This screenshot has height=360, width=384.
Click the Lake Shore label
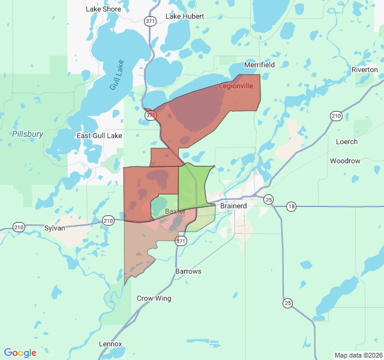coord(103,9)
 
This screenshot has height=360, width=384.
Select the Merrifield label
coord(259,65)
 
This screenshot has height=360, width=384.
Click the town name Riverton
coord(365,70)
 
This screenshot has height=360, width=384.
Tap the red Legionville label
coord(235,86)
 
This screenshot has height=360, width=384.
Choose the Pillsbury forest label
coord(28,134)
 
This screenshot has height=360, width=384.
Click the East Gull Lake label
coord(100,136)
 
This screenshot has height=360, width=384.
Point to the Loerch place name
coord(347,142)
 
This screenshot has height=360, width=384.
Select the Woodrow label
coord(345,161)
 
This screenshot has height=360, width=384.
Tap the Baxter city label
coord(175,212)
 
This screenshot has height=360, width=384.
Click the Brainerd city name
coord(233,206)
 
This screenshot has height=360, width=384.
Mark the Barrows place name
coord(188,271)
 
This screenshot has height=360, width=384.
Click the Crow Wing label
coord(154,298)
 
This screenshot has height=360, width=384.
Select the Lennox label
coord(110,344)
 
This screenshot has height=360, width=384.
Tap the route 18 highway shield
coord(291,206)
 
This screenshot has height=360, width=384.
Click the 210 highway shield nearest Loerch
coord(336,115)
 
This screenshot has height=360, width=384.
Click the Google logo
coord(20,353)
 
